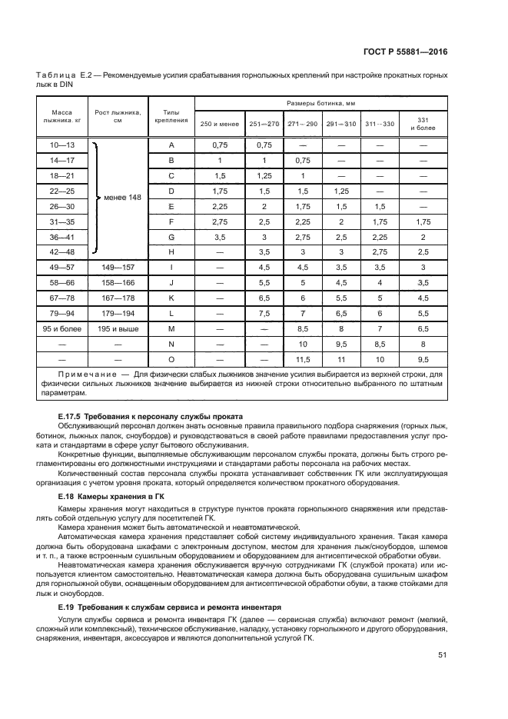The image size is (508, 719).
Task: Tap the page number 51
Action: tap(442, 654)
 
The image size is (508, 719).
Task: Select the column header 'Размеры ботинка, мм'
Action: tap(320, 102)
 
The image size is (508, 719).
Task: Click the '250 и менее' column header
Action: tap(219, 124)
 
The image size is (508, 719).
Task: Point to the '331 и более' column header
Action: tap(423, 124)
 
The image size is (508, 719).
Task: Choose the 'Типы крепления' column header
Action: tap(171, 116)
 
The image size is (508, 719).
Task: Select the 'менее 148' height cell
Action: tap(123, 198)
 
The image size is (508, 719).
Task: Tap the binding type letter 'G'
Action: tap(171, 238)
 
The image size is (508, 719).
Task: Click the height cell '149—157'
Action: tap(118, 268)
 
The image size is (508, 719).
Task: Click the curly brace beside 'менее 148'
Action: tap(96, 198)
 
